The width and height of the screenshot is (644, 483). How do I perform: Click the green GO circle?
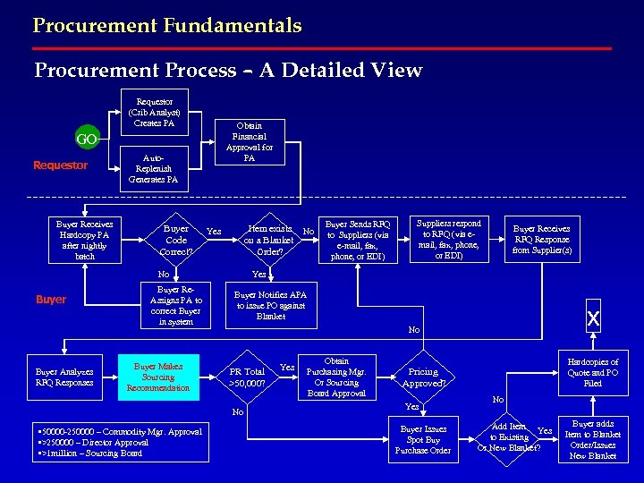(x=87, y=140)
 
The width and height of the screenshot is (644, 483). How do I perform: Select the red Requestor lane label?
(x=60, y=165)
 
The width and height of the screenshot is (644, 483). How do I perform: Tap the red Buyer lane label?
(x=51, y=300)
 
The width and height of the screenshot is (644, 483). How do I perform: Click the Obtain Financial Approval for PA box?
(x=250, y=141)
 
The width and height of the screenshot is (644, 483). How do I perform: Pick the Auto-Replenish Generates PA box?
(x=153, y=167)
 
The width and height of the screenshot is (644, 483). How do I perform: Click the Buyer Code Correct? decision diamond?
(x=176, y=240)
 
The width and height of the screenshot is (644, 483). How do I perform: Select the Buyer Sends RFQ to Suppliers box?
(x=357, y=240)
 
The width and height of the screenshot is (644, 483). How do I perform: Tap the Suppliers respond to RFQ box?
(x=449, y=239)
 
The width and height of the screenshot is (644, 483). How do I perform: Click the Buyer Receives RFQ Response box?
(x=541, y=240)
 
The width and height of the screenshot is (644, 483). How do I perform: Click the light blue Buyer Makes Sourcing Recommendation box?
(x=157, y=377)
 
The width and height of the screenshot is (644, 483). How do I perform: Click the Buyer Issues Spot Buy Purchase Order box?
(x=425, y=440)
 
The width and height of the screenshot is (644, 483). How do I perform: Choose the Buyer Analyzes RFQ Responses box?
(x=64, y=377)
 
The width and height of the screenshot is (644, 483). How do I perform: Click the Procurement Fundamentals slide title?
(x=167, y=25)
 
